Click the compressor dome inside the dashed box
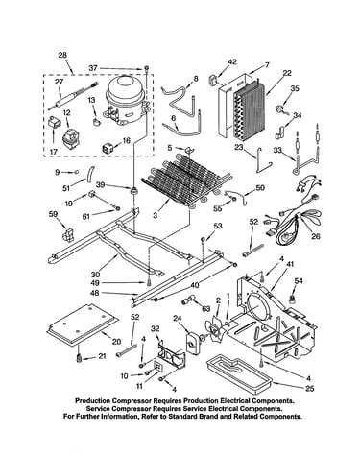point(125,99)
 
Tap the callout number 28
point(62,55)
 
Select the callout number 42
point(232,61)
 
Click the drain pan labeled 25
point(239,371)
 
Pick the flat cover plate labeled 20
point(83,324)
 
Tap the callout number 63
point(206,308)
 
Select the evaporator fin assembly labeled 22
point(251,109)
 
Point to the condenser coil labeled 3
point(184,180)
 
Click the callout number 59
point(53,213)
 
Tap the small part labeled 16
point(108,148)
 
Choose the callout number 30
point(95,275)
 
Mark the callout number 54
point(299,281)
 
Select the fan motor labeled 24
point(192,344)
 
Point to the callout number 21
point(102,356)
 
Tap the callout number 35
point(295,88)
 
